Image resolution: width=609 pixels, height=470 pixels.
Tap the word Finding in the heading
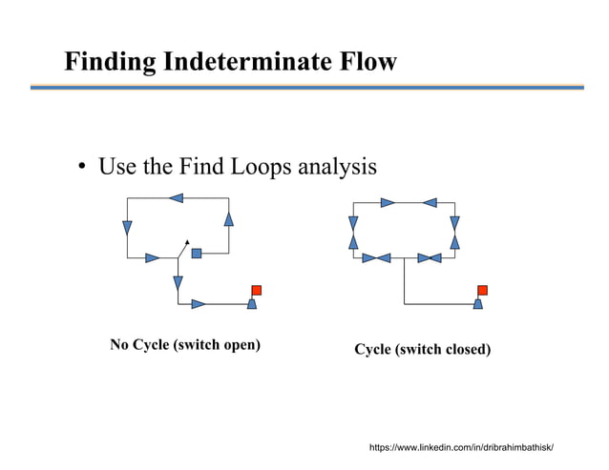[110, 63]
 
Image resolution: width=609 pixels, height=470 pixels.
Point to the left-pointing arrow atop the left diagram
[176, 198]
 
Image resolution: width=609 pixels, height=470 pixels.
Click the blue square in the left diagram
[197, 254]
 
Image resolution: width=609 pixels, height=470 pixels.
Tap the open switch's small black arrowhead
[188, 241]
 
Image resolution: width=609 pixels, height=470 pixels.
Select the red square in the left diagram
[256, 290]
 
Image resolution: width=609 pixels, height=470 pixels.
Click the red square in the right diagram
[482, 290]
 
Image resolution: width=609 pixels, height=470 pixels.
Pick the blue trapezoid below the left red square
[252, 304]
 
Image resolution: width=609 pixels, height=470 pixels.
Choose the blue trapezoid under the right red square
[478, 304]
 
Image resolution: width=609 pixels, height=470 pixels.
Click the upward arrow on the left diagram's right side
[228, 219]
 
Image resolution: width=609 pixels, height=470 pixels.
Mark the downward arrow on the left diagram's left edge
[127, 228]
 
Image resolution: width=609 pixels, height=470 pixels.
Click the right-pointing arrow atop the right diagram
[388, 202]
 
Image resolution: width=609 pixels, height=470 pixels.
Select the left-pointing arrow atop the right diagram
[429, 202]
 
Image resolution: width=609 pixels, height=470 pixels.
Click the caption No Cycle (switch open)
[185, 344]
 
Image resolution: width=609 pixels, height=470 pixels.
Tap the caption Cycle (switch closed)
[423, 350]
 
